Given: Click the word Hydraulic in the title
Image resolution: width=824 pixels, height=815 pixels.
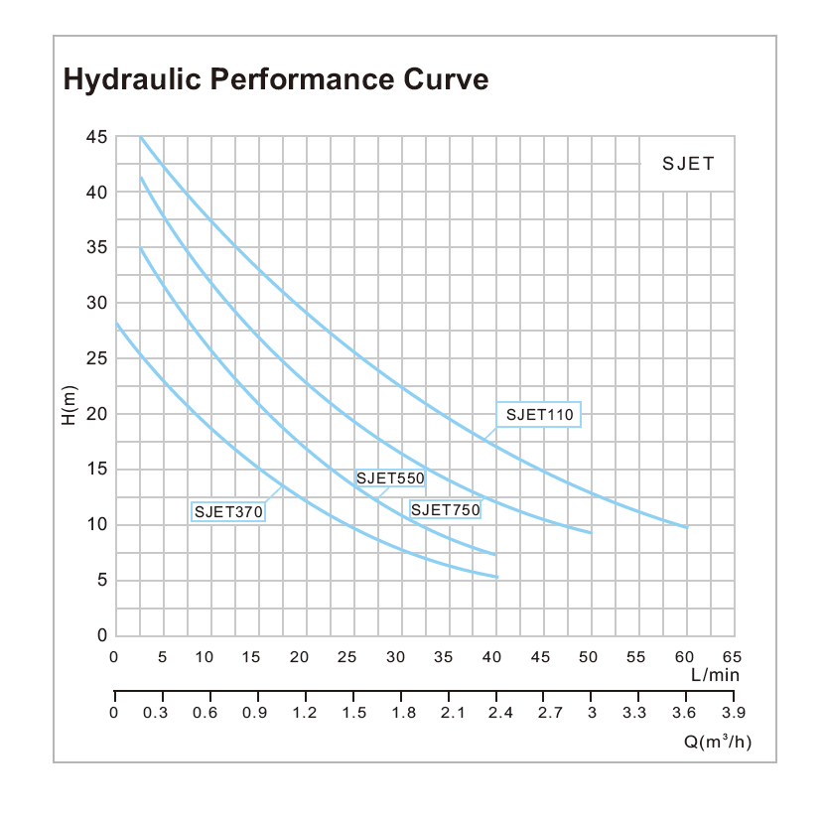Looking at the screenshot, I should [123, 80].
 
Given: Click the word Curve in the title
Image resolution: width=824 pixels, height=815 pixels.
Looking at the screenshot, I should [445, 79].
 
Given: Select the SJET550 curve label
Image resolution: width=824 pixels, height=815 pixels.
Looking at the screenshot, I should [390, 478].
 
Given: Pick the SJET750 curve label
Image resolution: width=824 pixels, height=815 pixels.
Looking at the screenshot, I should [446, 510].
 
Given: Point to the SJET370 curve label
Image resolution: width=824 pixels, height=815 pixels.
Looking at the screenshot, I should [228, 512].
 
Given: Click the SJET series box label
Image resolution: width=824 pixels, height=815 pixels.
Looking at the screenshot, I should [688, 164].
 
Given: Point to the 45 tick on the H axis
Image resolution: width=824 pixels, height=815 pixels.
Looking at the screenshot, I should [96, 137].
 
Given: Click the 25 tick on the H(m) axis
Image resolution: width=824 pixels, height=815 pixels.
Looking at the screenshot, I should [96, 358].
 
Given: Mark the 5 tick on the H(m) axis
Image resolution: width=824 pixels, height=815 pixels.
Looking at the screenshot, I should [101, 581].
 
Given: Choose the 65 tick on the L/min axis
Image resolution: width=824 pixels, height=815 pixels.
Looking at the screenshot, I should [733, 656].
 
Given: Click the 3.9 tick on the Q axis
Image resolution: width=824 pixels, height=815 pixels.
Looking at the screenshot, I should [733, 712].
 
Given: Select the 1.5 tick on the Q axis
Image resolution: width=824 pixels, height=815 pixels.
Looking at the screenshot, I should [352, 712].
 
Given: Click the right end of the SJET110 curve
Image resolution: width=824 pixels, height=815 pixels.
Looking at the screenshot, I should [686, 527].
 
